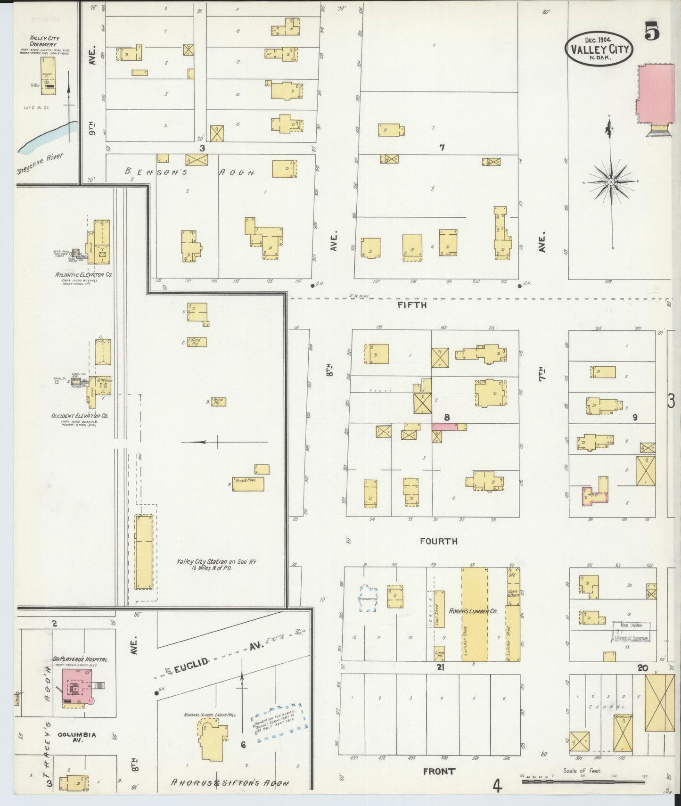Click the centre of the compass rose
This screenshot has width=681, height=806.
point(611,182)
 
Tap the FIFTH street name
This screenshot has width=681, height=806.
point(412,305)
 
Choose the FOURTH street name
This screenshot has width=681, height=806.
point(438,541)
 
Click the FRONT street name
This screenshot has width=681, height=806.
point(438,771)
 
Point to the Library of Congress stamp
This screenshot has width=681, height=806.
point(631,632)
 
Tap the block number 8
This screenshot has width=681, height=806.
point(446,417)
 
